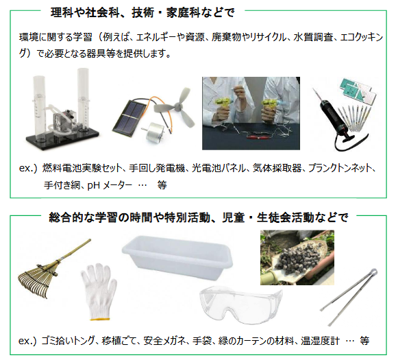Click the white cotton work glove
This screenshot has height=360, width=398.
[x=99, y=291]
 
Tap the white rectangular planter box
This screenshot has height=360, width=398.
[x=177, y=257]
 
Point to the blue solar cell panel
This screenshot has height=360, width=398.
[x=129, y=116]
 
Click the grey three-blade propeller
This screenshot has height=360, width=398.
[x=175, y=107]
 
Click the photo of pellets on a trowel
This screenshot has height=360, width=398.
[x=297, y=257]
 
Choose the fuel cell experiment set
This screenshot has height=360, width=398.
[x=62, y=109]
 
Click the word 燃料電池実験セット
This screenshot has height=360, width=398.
[x=82, y=168]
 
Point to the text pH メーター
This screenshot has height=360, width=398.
[x=110, y=185]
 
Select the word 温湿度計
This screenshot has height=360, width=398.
[x=320, y=341]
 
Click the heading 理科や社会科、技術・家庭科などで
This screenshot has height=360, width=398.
[x=142, y=13]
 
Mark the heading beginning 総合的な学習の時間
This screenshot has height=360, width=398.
[x=198, y=217]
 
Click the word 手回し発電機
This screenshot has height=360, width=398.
[x=157, y=168]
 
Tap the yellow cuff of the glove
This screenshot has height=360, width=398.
[x=100, y=319]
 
